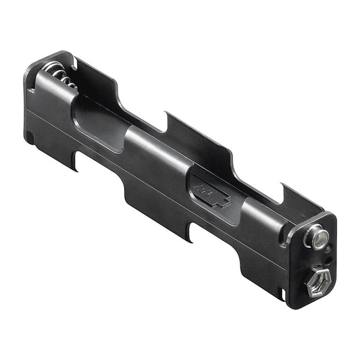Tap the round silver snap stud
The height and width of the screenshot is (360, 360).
click(317, 238)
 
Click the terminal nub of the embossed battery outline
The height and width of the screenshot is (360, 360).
click(227, 201)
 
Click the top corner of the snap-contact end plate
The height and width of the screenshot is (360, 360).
click(330, 215)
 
